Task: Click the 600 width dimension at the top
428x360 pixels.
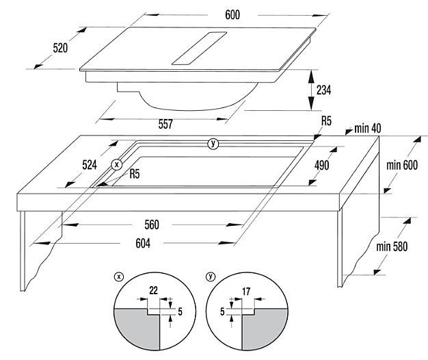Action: (x=232, y=14)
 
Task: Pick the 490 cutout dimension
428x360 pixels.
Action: (x=322, y=165)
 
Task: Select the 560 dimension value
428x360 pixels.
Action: (x=152, y=224)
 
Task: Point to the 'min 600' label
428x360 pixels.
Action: (x=402, y=165)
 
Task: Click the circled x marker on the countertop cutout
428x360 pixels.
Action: (x=117, y=164)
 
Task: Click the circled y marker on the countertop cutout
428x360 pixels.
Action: (x=213, y=143)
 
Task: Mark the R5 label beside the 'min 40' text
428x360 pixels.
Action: (x=326, y=121)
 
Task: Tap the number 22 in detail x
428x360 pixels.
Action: (x=153, y=291)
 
